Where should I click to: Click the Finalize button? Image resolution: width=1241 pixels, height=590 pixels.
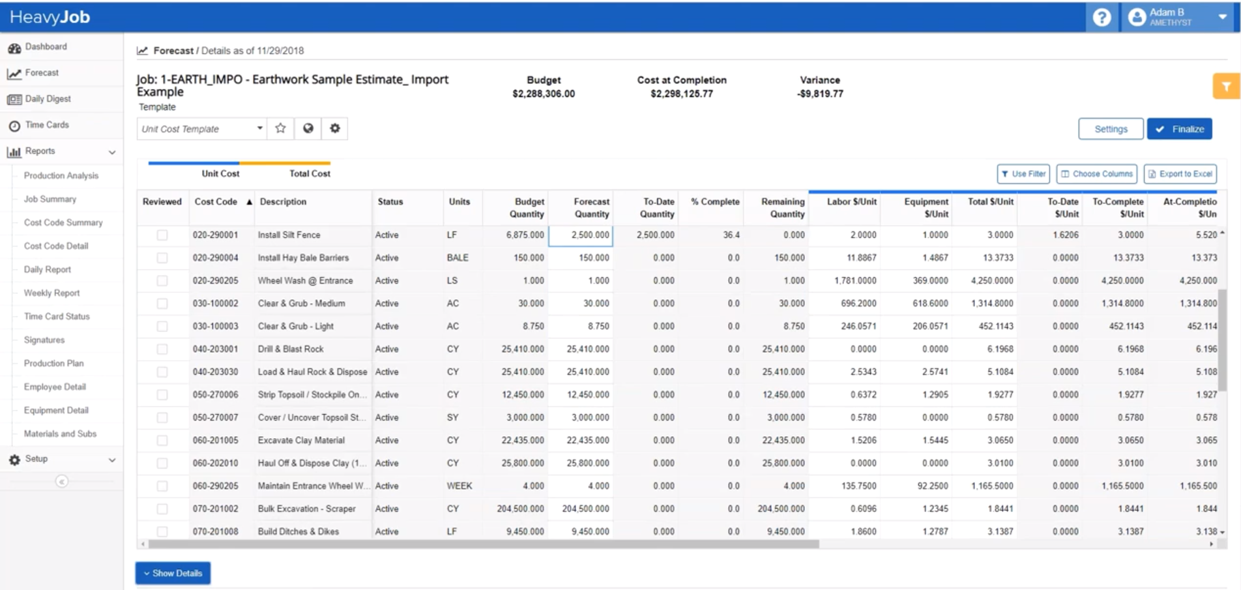click(x=1179, y=129)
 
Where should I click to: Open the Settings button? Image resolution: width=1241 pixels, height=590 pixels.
click(x=1110, y=129)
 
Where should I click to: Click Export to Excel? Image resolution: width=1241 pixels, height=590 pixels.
click(x=1180, y=174)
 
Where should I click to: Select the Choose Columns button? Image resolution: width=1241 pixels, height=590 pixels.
click(x=1096, y=174)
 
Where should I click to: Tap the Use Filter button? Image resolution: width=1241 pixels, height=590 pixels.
click(x=1023, y=174)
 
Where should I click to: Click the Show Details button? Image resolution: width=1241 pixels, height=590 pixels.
click(x=173, y=573)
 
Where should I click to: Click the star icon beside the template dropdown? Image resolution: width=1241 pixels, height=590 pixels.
click(x=280, y=128)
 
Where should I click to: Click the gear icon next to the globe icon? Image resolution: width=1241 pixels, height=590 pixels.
click(x=334, y=128)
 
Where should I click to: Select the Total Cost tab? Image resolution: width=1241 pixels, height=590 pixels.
click(x=310, y=173)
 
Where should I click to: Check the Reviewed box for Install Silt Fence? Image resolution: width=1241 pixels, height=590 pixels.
click(x=162, y=235)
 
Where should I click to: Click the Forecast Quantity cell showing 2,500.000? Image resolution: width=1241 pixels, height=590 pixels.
click(x=581, y=235)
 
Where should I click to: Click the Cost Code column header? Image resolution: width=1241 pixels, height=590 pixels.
click(x=216, y=202)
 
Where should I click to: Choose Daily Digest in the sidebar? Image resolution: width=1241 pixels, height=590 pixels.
click(x=48, y=99)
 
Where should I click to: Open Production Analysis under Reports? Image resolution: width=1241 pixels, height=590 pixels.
click(x=61, y=176)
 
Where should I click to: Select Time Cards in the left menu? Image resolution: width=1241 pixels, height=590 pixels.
click(x=46, y=125)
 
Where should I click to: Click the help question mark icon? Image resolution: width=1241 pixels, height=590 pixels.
click(x=1102, y=17)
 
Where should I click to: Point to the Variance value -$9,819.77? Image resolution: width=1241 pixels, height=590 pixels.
click(x=820, y=94)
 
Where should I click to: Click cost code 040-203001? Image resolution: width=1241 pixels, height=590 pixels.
click(x=215, y=349)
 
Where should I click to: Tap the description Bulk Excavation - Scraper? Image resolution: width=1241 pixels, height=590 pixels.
click(x=306, y=509)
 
